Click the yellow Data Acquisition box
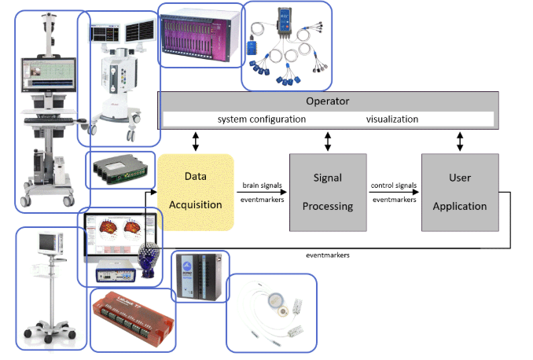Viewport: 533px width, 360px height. [x=196, y=192]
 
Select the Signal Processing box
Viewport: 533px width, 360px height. [x=327, y=192]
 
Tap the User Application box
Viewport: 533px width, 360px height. [x=459, y=192]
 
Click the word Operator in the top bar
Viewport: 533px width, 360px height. [x=327, y=101]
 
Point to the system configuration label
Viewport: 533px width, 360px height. [x=261, y=119]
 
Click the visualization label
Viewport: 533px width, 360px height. [x=391, y=119]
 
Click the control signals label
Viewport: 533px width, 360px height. [x=393, y=186]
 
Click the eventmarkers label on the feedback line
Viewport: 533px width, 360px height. [x=327, y=255]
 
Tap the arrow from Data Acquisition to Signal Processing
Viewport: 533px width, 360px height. [x=261, y=193]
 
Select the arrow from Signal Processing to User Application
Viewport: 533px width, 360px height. [x=393, y=193]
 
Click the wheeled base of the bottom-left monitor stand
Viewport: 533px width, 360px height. [x=51, y=330]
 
